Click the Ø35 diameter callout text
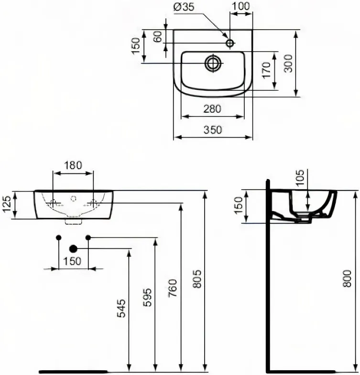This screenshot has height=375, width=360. (184, 7)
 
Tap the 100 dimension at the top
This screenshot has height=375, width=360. (240, 6)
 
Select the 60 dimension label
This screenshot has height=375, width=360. (158, 37)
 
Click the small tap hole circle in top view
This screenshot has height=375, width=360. (230, 43)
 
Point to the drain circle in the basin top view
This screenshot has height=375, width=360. (212, 63)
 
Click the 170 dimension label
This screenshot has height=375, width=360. (266, 70)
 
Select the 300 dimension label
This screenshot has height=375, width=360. (288, 64)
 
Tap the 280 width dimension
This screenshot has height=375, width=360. (212, 109)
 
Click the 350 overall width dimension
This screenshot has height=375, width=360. (213, 130)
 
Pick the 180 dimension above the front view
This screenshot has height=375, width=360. (73, 165)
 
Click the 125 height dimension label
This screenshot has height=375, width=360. (7, 204)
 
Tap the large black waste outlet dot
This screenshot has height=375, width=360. (73, 249)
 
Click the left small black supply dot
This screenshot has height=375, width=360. (59, 237)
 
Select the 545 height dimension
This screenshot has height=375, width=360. (121, 308)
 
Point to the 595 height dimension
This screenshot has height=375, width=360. (147, 297)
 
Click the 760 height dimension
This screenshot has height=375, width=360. (173, 288)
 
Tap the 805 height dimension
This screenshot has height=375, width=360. (197, 279)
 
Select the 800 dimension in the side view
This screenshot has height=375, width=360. (347, 279)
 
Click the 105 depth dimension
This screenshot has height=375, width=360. (300, 177)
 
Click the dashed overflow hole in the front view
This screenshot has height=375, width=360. (73, 198)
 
